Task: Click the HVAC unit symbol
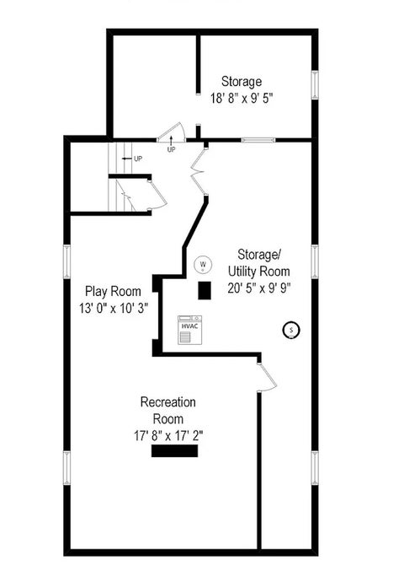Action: coord(189,330)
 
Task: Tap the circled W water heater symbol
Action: coord(203,264)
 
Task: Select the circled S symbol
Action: coord(291,330)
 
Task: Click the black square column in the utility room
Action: coord(205,291)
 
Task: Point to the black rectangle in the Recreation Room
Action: coord(174,450)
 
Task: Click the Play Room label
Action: coord(113,291)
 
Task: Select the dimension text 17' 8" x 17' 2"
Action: coord(168,436)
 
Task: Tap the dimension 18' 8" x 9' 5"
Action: coord(242,98)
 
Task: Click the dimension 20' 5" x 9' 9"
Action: coord(259,288)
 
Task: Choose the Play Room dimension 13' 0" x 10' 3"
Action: coord(114,308)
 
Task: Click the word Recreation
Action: coord(167,402)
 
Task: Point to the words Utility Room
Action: coord(259,272)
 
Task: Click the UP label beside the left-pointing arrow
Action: coord(138,159)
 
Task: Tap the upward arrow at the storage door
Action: coord(171,140)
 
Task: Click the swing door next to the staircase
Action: coord(157,195)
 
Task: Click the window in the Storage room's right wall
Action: coord(315,84)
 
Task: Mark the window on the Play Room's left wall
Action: coord(66,261)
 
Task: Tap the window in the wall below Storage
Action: coord(258,140)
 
